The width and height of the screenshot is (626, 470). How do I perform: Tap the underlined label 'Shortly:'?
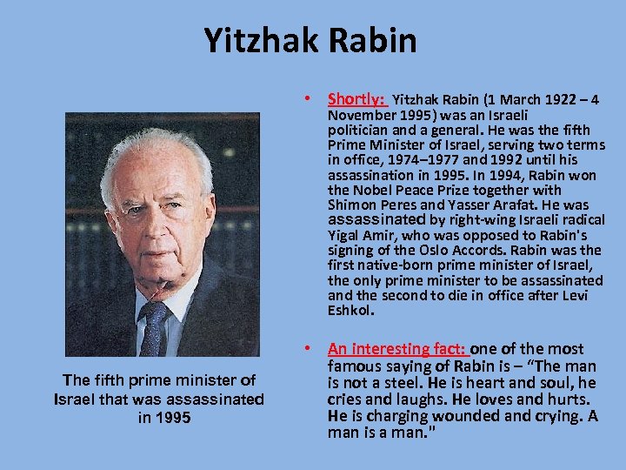(356, 100)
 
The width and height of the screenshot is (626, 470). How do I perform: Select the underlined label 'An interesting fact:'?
(398, 349)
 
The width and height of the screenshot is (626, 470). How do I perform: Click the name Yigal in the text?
(345, 236)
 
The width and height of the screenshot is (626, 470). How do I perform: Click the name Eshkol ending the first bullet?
(350, 311)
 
